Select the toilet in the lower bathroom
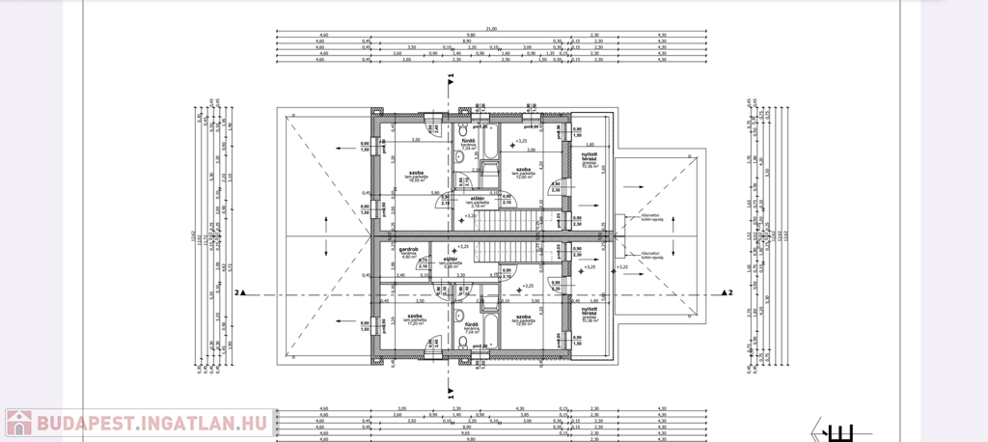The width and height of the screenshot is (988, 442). (462, 342)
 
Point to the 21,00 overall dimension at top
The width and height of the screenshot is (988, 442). (490, 29)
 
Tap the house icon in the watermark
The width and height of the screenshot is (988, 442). (18, 422)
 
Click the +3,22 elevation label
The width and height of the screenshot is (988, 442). (622, 266)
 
